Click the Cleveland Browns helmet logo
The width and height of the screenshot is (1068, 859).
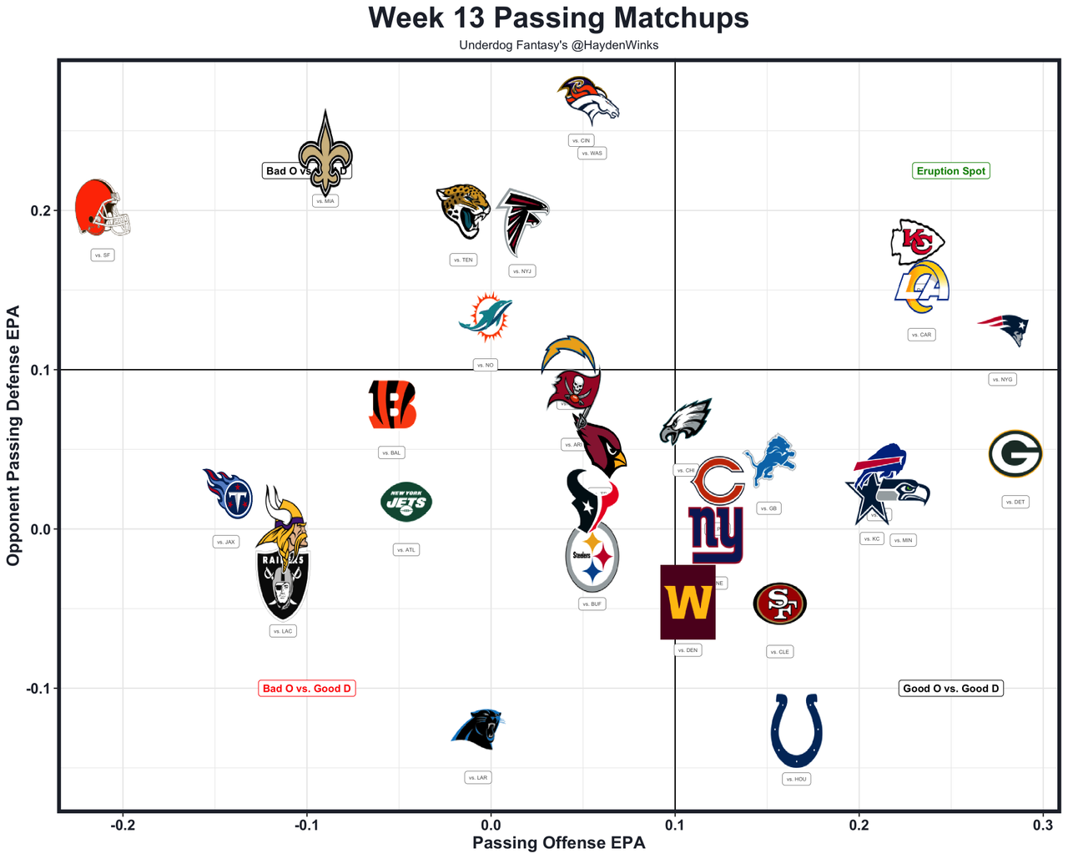pyautogui.click(x=102, y=208)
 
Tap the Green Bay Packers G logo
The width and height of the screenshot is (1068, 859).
pyautogui.click(x=1015, y=454)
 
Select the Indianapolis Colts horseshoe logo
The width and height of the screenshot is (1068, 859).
pyautogui.click(x=797, y=730)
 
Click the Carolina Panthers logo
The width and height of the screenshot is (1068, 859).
pyautogui.click(x=478, y=729)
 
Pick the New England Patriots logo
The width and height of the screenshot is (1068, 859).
pyautogui.click(x=1004, y=330)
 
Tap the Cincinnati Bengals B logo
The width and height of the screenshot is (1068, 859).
pyautogui.click(x=391, y=405)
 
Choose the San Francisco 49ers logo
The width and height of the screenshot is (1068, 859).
pyautogui.click(x=779, y=604)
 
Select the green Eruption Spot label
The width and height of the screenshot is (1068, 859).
pyautogui.click(x=950, y=171)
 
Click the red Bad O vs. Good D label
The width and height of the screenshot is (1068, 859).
pyautogui.click(x=307, y=689)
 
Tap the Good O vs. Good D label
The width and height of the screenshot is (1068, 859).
pyautogui.click(x=951, y=689)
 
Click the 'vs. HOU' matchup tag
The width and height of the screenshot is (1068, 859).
pyautogui.click(x=797, y=779)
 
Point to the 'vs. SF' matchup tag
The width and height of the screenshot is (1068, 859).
pyautogui.click(x=102, y=255)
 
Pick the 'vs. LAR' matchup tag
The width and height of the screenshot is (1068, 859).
pyautogui.click(x=477, y=777)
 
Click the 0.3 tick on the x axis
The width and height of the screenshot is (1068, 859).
pyautogui.click(x=1043, y=826)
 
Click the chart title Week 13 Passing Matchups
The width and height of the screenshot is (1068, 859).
pyautogui.click(x=558, y=18)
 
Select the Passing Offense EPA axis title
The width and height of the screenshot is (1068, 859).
pyautogui.click(x=558, y=843)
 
